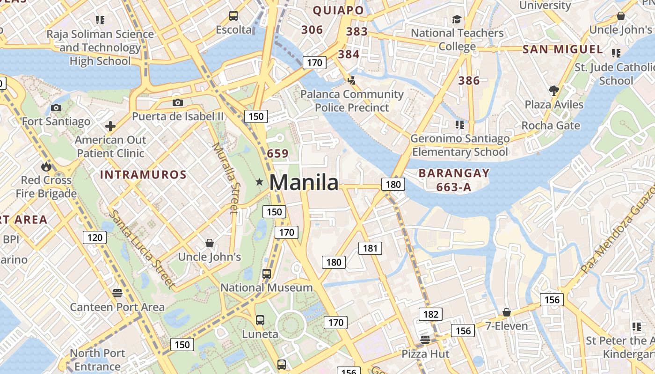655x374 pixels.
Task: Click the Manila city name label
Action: [x=304, y=182]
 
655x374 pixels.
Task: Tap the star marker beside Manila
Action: [x=259, y=182]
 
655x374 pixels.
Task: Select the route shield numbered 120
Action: [x=95, y=237]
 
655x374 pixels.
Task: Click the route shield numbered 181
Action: [x=370, y=248]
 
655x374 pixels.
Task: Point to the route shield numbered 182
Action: [x=430, y=314]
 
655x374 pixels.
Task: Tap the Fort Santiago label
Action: [x=56, y=122]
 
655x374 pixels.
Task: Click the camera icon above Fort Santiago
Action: [x=56, y=108]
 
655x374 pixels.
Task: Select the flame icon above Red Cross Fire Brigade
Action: [x=46, y=166]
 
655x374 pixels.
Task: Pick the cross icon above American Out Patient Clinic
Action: [x=110, y=126]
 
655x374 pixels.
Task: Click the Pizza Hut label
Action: [x=425, y=354]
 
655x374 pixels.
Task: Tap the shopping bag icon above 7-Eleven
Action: [x=506, y=312]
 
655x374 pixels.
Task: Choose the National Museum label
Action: [x=266, y=288]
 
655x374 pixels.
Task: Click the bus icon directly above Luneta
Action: [x=260, y=320]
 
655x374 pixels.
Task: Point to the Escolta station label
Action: [x=233, y=30]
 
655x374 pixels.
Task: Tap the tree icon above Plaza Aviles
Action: [x=554, y=91]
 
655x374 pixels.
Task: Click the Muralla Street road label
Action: [x=225, y=178]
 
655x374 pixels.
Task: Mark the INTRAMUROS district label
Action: [x=143, y=175]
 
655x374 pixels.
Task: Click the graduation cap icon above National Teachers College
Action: [x=457, y=19]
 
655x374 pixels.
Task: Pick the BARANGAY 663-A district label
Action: [x=454, y=180]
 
